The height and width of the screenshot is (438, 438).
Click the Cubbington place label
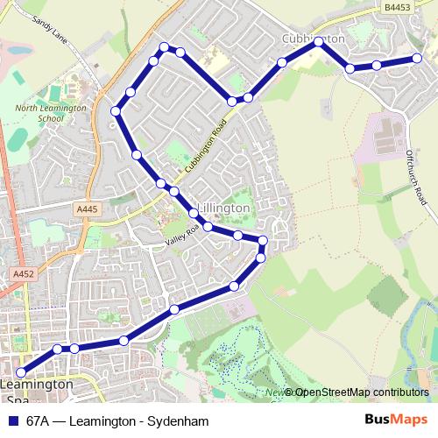pos(315,39)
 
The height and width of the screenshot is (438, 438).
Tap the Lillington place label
pos(225,208)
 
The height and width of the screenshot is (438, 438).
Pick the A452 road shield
pos(23,274)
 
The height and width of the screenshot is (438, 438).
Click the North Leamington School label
pos(51,113)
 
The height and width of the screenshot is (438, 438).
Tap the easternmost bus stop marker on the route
pos(418,59)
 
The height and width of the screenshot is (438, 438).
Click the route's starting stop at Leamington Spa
pos(21,372)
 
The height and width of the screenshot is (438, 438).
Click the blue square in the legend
pos(12,420)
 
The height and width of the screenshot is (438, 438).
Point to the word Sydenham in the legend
pos(183,420)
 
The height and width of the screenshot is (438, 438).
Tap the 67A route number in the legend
pos(38,420)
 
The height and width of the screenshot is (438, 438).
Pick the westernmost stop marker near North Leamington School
pos(116,110)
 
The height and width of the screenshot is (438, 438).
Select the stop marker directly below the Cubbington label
pos(318,41)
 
